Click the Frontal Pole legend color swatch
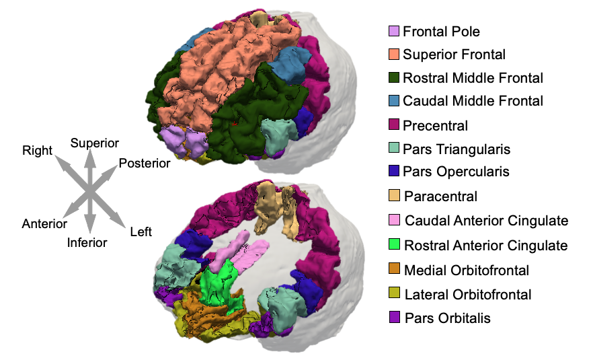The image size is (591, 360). (x=395, y=32)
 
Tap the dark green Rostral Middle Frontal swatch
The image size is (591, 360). (x=395, y=77)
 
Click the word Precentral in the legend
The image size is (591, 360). (x=435, y=125)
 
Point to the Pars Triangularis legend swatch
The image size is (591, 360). (x=395, y=149)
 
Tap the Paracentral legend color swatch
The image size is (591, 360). (x=395, y=196)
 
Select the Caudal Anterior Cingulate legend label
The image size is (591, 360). (x=487, y=221)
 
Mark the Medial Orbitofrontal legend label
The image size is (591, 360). (x=467, y=270)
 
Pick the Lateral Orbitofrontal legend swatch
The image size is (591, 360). (x=395, y=293)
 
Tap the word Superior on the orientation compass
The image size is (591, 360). (x=95, y=143)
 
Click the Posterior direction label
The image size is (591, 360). (x=145, y=164)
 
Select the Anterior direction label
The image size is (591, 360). (x=44, y=223)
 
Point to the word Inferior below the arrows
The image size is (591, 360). (x=87, y=242)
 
